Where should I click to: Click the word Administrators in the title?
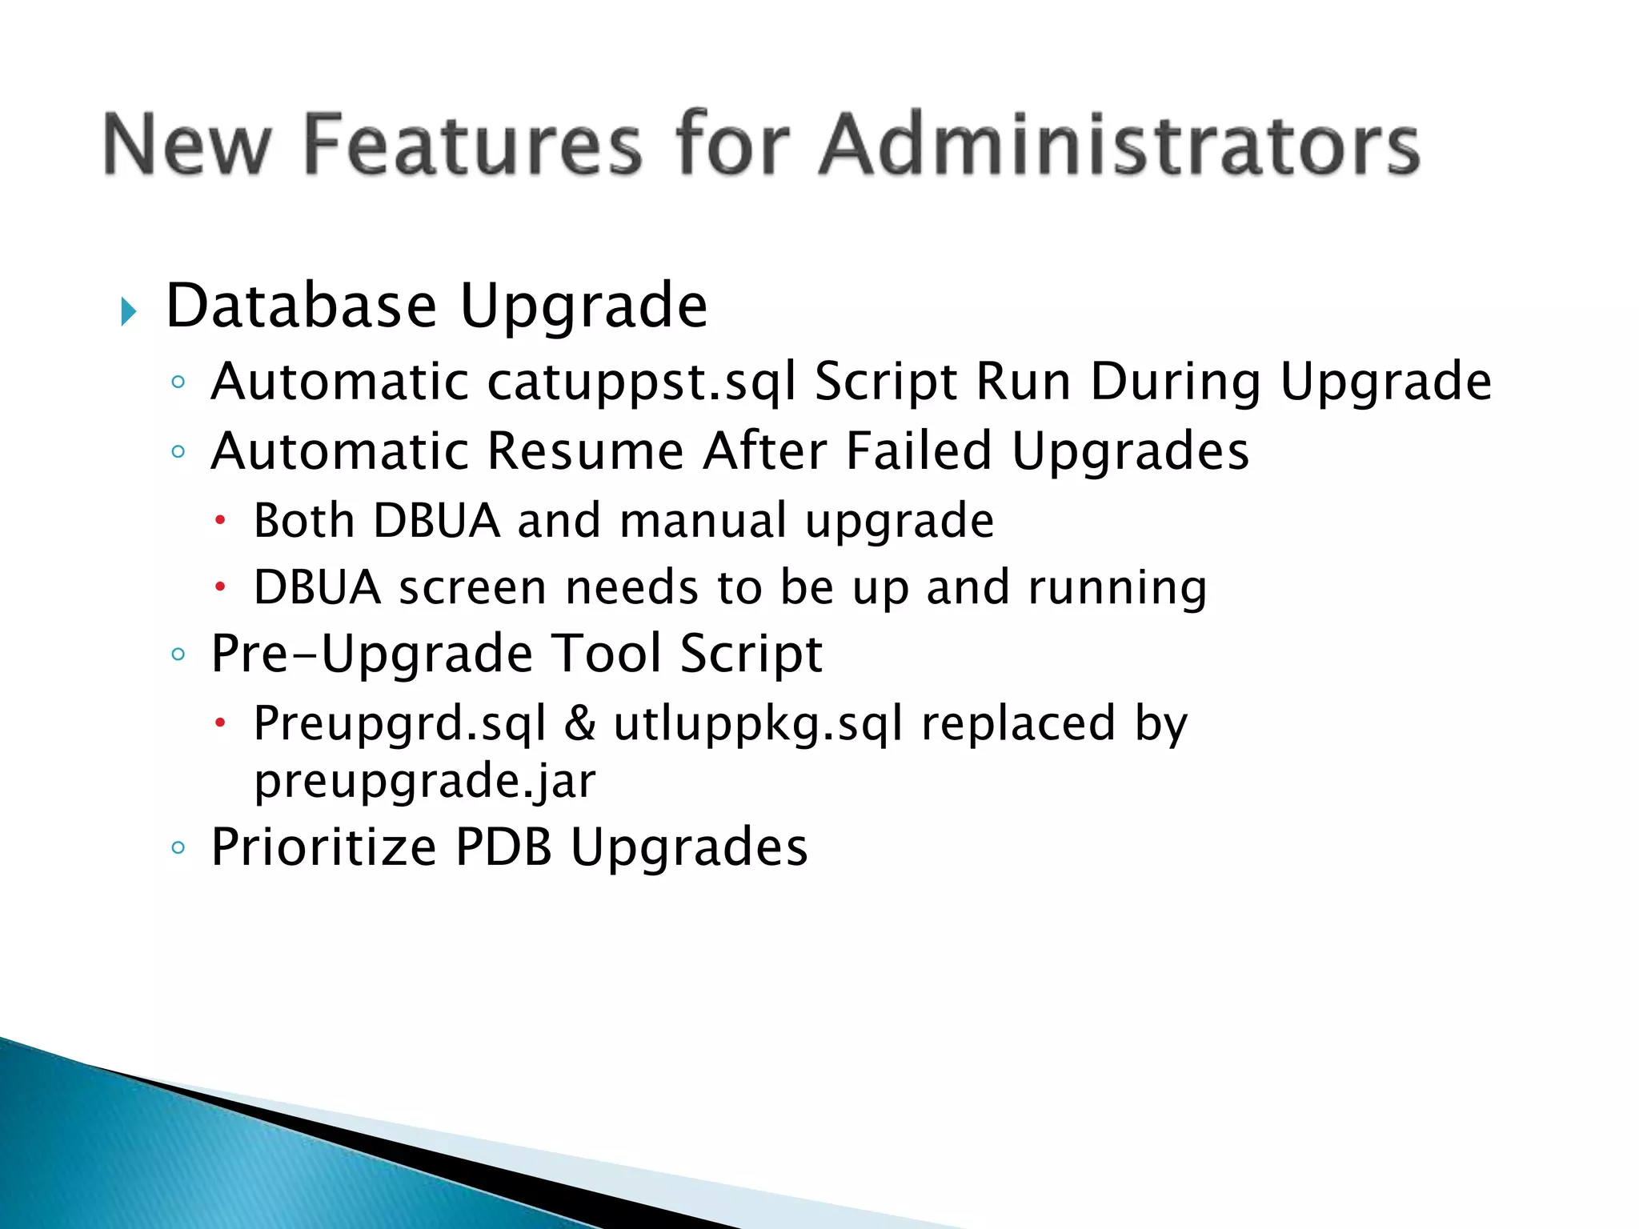1119,145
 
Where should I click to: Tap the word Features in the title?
473,145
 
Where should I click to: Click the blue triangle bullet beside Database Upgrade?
128,311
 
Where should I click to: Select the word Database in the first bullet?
301,306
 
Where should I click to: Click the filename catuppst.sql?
642,382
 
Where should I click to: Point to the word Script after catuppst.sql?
886,382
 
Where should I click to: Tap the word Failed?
920,451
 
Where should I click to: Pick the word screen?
473,588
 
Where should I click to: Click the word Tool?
607,654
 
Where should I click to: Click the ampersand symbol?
579,724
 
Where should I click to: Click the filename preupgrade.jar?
425,782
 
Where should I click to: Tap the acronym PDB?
503,847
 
